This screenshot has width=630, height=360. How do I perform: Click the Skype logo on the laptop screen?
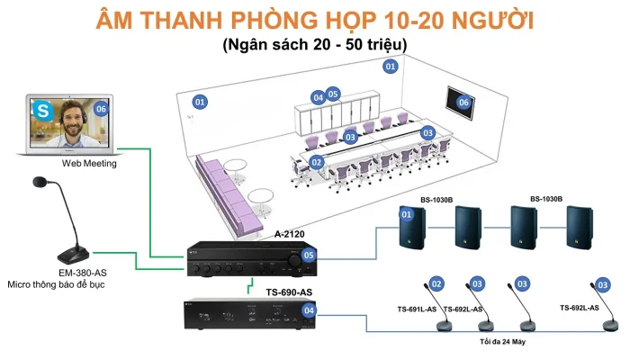click(x=42, y=111)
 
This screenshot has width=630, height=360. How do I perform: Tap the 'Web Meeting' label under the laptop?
click(x=89, y=164)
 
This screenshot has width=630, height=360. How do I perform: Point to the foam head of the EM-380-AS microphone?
click(x=40, y=182)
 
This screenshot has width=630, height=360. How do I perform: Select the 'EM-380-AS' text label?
click(x=83, y=274)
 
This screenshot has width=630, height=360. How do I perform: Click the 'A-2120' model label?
click(x=289, y=234)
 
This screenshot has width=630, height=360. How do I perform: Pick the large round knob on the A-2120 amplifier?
click(x=294, y=261)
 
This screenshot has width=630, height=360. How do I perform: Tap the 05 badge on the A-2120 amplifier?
click(x=309, y=255)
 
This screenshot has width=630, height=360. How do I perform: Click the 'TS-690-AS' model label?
click(x=289, y=292)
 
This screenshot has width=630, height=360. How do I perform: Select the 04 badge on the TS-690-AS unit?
click(x=309, y=310)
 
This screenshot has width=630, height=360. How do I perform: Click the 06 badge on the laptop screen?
click(x=101, y=109)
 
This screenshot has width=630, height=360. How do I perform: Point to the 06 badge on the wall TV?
click(x=463, y=103)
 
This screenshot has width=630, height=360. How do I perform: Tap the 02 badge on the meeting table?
click(x=317, y=162)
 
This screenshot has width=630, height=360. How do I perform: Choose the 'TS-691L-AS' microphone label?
click(x=417, y=310)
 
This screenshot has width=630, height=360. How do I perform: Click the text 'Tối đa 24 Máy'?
click(x=502, y=342)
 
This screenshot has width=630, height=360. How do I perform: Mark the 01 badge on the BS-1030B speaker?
click(x=407, y=214)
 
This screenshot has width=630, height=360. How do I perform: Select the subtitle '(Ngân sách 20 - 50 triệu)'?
click(x=315, y=44)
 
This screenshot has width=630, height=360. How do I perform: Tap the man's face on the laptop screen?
click(x=73, y=119)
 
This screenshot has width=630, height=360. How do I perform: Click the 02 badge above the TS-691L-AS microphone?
click(x=436, y=284)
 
